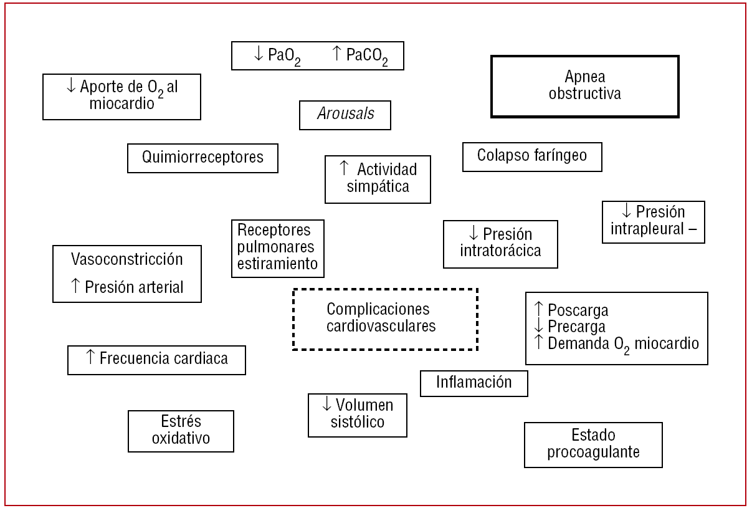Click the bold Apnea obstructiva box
point(584,86)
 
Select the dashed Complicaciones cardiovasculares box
point(385,318)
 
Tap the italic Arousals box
point(345,115)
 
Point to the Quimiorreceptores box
point(202,158)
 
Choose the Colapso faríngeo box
point(532,156)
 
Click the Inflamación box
point(474,383)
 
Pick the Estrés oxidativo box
point(181,431)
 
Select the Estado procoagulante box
point(593,444)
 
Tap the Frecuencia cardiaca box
point(156,360)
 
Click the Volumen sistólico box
point(357,415)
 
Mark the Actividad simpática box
point(378,179)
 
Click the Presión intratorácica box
point(500,244)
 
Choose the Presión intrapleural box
point(653,221)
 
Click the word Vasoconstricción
point(127,259)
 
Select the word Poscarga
point(578,310)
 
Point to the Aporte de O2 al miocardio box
point(122,96)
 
